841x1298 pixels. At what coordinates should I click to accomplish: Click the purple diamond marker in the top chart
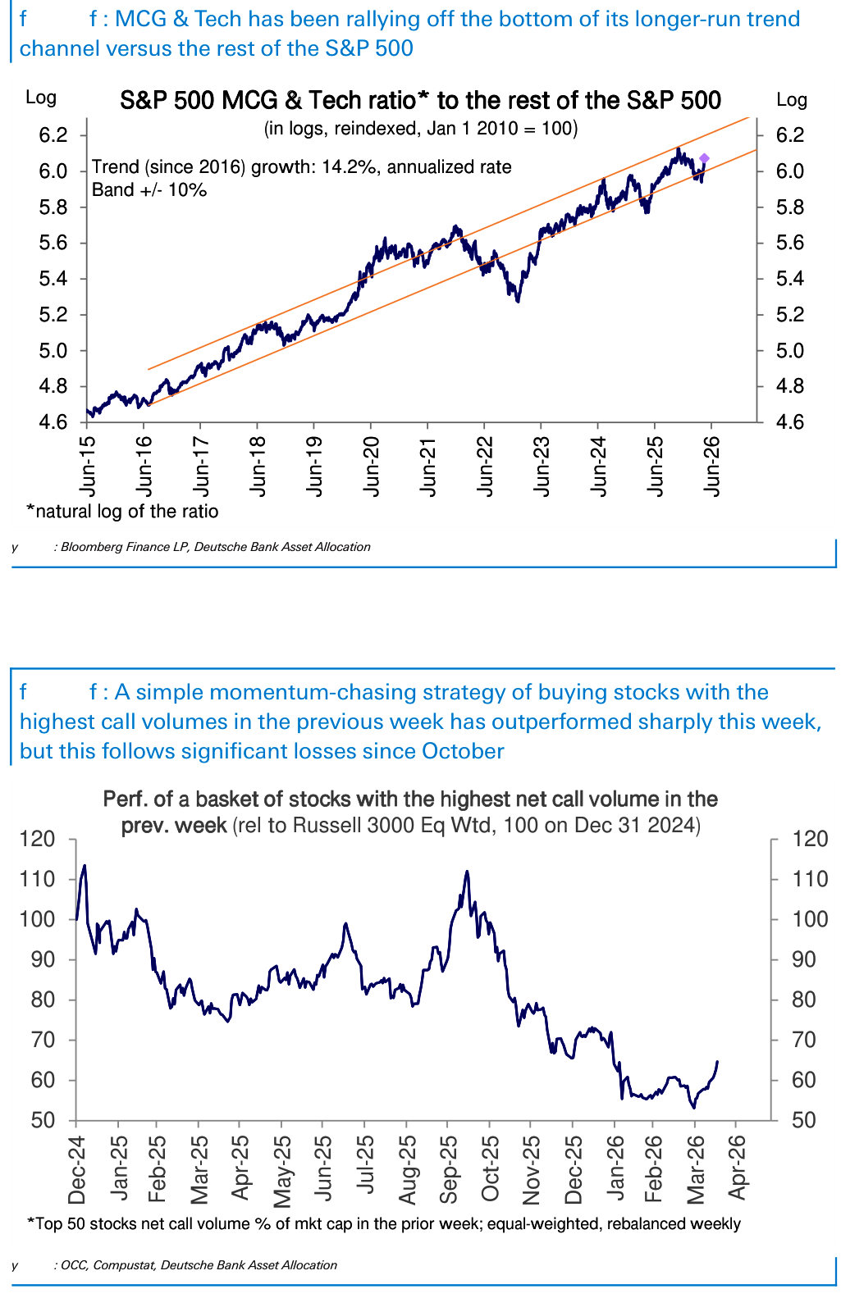coord(704,158)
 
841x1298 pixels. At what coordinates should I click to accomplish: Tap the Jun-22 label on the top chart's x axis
coord(485,466)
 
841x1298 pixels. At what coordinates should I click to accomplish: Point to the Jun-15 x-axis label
coord(88,466)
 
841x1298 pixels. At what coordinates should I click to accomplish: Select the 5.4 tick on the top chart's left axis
coord(53,279)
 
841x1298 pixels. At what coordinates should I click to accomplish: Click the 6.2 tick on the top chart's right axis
coord(789,135)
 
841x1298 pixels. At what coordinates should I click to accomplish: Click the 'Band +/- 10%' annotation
coord(149,190)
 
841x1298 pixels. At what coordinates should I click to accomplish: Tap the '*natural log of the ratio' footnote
coord(122,512)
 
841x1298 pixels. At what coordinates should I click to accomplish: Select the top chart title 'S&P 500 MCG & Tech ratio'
coord(267,101)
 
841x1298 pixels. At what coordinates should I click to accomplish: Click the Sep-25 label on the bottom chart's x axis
coord(449,1169)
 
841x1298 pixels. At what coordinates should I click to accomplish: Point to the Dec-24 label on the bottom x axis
coord(76,1169)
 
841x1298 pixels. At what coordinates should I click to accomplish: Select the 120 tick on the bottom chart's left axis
coord(38,839)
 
